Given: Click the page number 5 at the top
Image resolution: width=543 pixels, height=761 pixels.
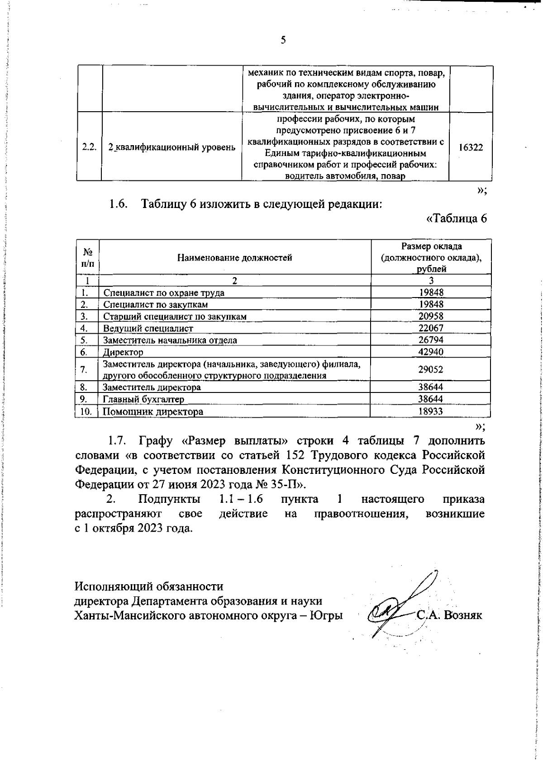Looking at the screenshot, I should point(283,41).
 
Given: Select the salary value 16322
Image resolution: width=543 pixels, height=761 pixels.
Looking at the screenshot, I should point(470,147).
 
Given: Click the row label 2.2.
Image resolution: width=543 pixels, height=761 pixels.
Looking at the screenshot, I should point(89,147).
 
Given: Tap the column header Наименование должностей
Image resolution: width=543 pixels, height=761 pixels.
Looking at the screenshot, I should point(234,258).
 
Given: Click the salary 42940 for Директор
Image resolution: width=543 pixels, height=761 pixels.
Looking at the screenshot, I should point(431,352).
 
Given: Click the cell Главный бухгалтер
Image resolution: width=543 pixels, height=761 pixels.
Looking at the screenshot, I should point(143,399).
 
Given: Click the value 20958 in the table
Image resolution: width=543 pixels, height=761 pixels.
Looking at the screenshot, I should point(431,316).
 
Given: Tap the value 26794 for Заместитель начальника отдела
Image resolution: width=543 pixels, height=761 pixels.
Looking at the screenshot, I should point(431,340).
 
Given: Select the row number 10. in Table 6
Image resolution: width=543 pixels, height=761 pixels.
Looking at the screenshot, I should point(86,411).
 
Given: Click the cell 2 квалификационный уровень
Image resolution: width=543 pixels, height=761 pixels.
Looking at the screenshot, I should point(171,147).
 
